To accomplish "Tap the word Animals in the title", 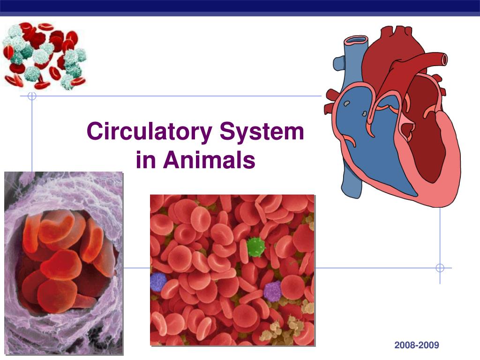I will tap(209, 160).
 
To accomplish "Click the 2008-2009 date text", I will tap(417, 345).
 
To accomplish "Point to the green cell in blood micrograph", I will tap(255, 247).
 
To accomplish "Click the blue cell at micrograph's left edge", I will tap(158, 282).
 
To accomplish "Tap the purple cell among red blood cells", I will tap(272, 291).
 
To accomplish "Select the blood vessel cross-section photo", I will tap(63, 262).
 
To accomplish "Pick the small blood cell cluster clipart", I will tap(45, 56).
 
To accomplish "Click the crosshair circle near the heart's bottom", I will tap(440, 268).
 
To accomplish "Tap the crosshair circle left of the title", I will tap(32, 97).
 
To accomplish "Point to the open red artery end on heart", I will tap(442, 59).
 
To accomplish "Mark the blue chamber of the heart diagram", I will tap(370, 141).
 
